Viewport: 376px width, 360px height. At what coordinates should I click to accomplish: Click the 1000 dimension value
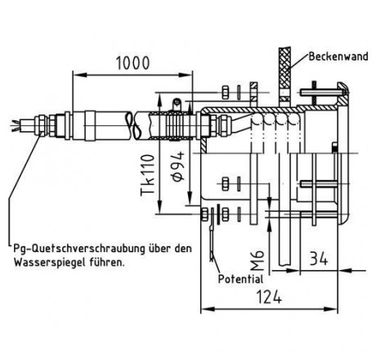point(133,63)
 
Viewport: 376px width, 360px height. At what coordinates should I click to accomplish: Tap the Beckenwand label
point(338,56)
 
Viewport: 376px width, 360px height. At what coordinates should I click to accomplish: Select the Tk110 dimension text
point(148,175)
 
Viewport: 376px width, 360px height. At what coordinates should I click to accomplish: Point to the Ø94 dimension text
point(178,167)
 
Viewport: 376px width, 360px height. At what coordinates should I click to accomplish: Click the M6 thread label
point(257,259)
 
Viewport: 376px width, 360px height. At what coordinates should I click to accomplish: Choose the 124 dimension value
point(269,297)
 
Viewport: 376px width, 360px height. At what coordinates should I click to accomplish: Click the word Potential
point(241,279)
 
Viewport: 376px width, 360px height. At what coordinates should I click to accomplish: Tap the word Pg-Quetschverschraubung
point(79,249)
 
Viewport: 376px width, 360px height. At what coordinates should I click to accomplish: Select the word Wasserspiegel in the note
point(50,263)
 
